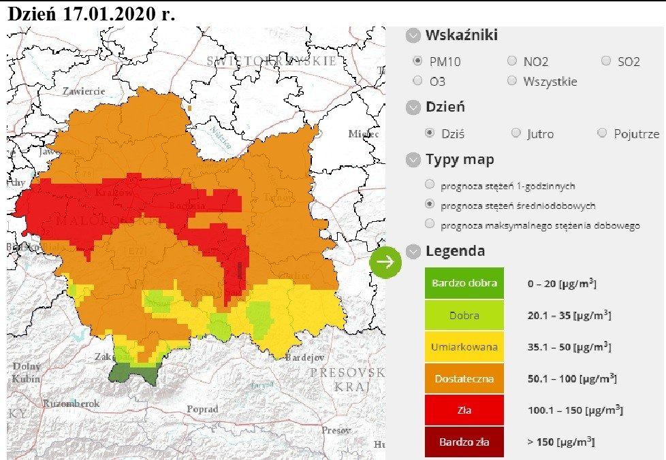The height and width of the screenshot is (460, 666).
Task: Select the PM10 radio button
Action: click(417, 61)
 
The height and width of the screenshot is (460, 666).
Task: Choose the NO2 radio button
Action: click(512, 61)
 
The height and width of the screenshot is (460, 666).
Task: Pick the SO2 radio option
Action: click(606, 61)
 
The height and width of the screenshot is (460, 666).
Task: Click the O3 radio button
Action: click(417, 81)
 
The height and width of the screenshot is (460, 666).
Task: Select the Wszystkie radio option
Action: click(512, 81)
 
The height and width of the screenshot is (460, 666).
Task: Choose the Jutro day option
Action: click(516, 133)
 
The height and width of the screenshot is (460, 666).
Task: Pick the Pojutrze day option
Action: click(601, 133)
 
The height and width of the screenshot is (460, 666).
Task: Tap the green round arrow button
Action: click(386, 262)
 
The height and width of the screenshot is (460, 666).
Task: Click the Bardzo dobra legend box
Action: click(464, 283)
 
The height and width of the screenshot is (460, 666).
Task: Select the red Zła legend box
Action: click(464, 410)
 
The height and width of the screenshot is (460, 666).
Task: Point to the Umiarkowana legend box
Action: click(464, 347)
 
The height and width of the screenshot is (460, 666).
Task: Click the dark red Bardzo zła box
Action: click(464, 442)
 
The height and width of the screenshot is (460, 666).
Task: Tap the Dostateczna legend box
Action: click(464, 378)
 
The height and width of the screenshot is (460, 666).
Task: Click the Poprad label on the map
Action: click(203, 410)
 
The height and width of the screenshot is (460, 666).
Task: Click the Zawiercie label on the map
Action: click(83, 91)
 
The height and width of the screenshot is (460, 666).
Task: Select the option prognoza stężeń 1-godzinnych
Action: click(430, 184)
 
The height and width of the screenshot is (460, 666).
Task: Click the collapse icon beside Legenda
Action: click(413, 251)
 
